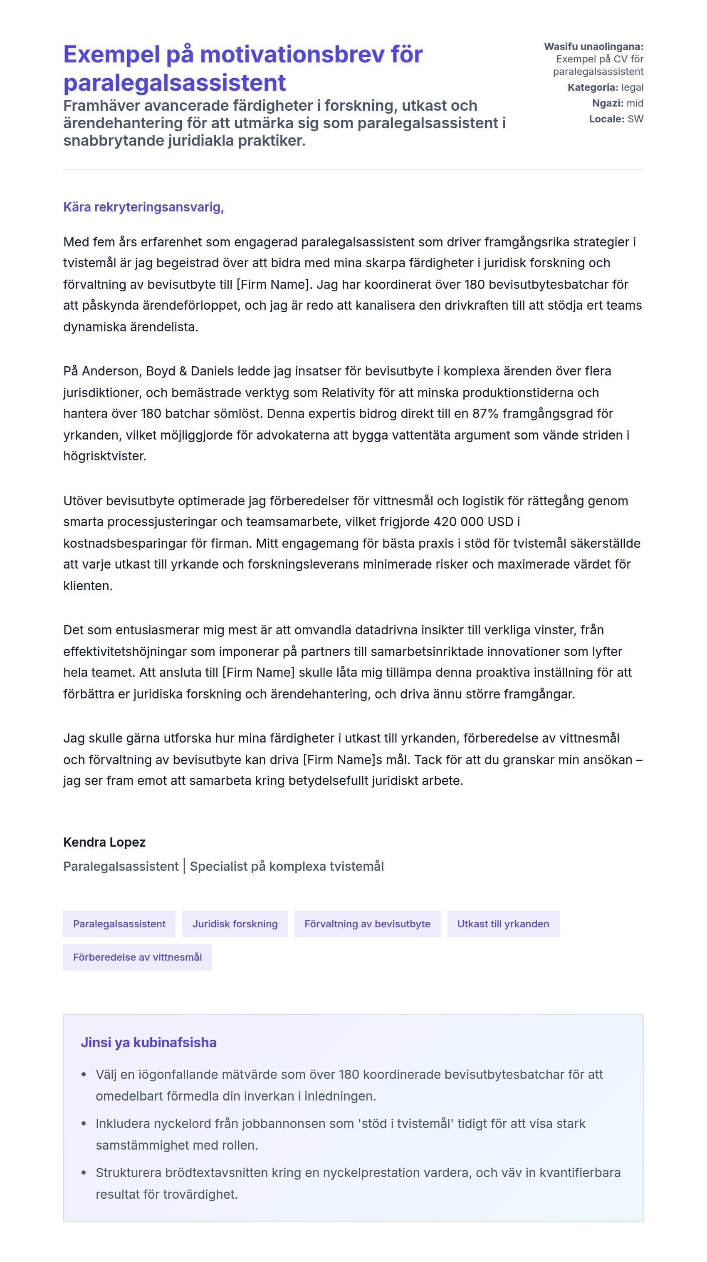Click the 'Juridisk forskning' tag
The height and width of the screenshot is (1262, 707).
(235, 924)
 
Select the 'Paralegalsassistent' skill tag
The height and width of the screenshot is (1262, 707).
(119, 924)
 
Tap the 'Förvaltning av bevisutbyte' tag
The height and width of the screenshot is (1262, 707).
(367, 924)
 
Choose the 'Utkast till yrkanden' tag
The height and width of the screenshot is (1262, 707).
(503, 924)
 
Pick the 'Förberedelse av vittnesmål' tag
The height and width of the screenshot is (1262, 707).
(137, 957)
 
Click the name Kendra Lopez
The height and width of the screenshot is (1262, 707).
(104, 842)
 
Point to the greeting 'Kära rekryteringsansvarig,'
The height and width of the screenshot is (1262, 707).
(143, 207)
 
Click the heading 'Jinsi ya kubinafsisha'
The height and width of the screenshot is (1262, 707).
(148, 1042)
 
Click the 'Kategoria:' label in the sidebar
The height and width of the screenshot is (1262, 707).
(593, 87)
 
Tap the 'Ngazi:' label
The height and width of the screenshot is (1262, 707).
(607, 103)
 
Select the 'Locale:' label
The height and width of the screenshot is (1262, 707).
(606, 119)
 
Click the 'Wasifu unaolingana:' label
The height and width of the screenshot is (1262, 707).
(593, 47)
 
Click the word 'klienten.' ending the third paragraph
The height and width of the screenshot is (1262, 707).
(88, 586)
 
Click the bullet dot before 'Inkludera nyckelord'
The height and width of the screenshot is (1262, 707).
(84, 1123)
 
